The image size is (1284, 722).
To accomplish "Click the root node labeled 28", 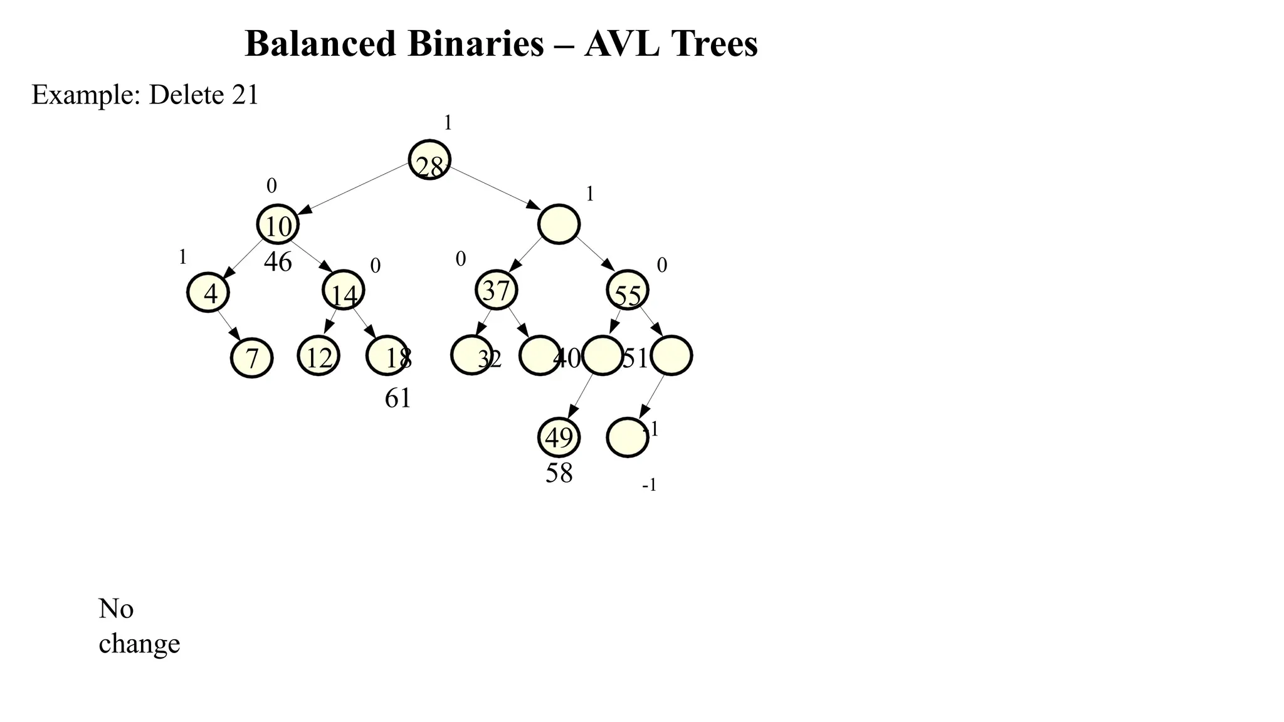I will [429, 160].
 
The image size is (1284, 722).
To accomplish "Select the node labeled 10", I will [278, 224].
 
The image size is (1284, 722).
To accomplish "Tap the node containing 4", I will [208, 292].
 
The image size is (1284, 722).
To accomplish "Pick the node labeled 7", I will [252, 357].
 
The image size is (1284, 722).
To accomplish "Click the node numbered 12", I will [318, 356].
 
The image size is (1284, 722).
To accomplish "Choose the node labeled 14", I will [344, 291].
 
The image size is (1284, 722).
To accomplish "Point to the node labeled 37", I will [497, 290].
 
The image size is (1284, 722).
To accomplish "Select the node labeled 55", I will [628, 291].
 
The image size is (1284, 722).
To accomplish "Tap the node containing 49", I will [559, 437].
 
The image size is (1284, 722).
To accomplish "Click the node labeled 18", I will [387, 356].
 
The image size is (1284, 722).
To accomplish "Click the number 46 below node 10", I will [278, 262].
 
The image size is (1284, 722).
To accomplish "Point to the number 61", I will [398, 398].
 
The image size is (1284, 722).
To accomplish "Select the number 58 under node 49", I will [559, 473].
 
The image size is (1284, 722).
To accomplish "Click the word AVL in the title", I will [621, 44].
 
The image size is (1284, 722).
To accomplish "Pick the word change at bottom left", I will [139, 644].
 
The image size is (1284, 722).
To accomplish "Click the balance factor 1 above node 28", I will [448, 123].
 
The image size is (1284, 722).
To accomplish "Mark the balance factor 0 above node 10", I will [271, 186].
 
